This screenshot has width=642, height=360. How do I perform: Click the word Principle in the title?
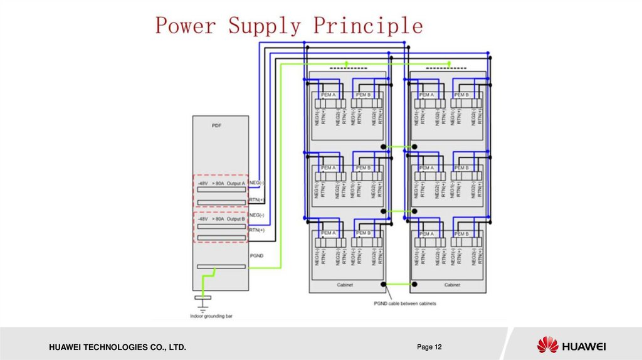(x=368, y=26)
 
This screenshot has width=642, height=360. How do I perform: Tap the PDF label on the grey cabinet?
(x=216, y=125)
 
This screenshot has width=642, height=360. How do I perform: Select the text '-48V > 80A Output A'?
(x=219, y=183)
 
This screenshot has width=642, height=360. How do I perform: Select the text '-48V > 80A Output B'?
(x=219, y=219)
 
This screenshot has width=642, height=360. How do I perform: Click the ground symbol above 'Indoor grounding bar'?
(x=203, y=302)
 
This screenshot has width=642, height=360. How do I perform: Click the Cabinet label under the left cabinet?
(x=345, y=285)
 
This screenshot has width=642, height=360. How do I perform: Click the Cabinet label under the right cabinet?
(x=453, y=285)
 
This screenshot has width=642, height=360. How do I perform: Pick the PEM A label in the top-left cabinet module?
(x=329, y=95)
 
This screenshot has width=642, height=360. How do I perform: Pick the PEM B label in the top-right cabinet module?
(x=462, y=95)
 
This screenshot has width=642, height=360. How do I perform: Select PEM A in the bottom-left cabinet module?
(x=329, y=233)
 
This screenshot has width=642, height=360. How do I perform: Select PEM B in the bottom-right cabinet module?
(x=462, y=233)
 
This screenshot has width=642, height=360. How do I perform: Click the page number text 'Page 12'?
(x=429, y=347)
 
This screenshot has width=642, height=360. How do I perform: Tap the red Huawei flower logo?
(x=547, y=345)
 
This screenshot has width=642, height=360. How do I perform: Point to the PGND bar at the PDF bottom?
(x=221, y=267)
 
